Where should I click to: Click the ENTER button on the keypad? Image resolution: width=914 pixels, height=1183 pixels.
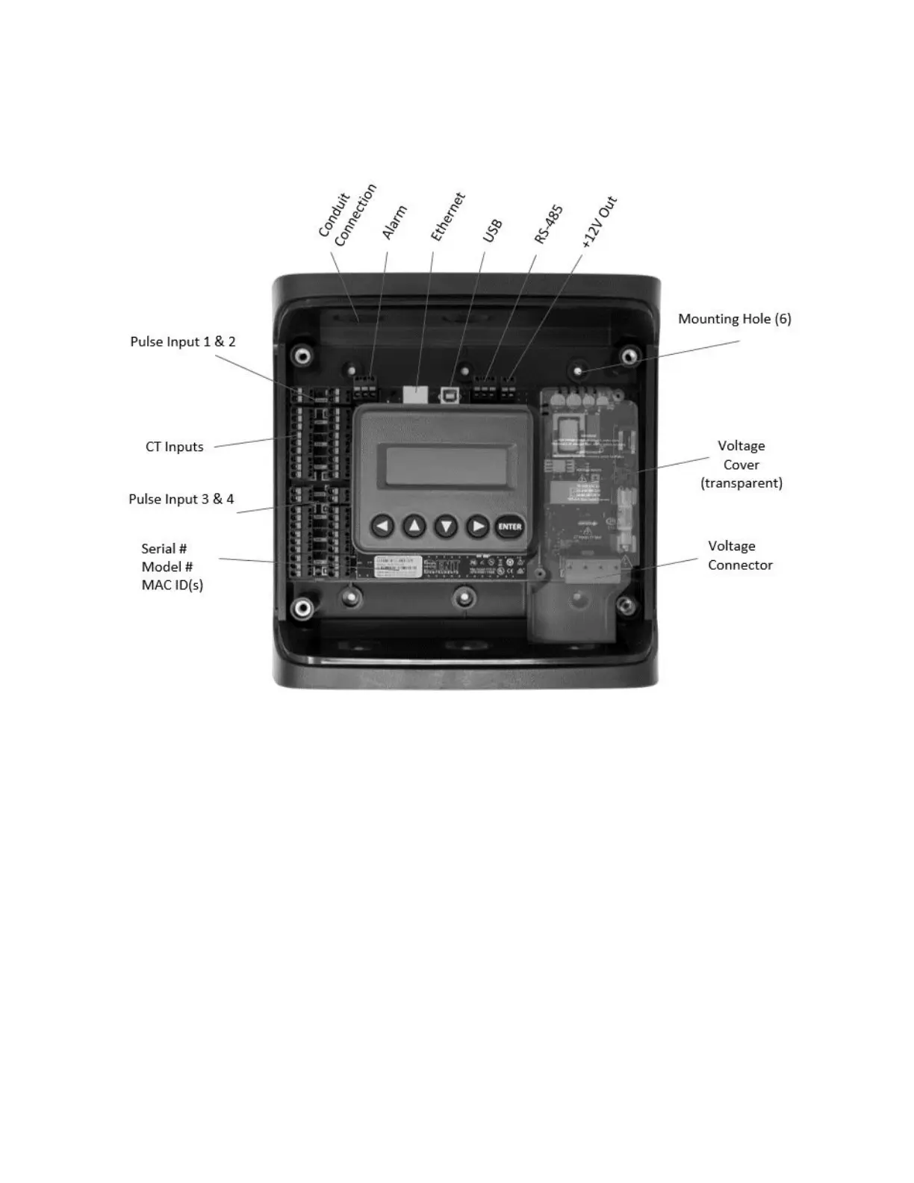(509, 527)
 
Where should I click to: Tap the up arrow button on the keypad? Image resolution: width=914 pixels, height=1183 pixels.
(414, 527)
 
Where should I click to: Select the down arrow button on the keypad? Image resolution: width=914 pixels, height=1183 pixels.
(446, 527)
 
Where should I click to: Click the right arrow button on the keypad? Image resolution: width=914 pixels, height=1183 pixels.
(477, 527)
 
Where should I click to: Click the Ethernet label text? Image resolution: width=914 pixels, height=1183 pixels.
(448, 217)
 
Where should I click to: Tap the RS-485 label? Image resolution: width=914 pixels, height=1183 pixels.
(549, 224)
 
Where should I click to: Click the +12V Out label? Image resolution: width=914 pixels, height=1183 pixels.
(600, 222)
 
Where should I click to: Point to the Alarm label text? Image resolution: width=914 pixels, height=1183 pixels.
(394, 222)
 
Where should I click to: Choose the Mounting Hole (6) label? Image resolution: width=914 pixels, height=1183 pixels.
(734, 319)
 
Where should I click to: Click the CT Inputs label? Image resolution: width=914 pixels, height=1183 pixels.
(174, 447)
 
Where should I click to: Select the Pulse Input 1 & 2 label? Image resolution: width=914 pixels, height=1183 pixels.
(183, 341)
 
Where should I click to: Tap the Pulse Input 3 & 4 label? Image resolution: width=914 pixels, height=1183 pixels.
(181, 499)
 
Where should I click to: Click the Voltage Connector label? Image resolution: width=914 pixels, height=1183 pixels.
(739, 556)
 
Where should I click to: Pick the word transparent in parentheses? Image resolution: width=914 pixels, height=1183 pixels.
(742, 483)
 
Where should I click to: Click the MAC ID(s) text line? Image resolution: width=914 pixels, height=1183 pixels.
(172, 585)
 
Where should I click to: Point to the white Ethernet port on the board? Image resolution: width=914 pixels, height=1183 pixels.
(414, 391)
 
